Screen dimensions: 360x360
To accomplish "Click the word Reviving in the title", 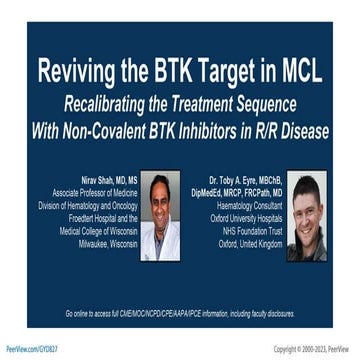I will pos(76,73).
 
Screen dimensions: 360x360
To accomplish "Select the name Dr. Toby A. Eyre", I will pos(254,179).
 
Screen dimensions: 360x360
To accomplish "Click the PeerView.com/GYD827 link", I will pos(33,348).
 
